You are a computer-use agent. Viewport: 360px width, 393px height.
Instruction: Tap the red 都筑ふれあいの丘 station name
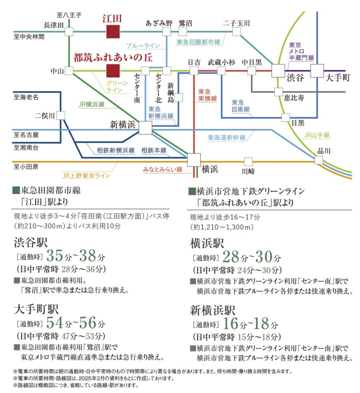point(112,58)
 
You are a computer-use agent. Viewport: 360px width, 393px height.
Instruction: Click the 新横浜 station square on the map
point(145,128)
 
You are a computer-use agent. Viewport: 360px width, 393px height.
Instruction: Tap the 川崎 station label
point(248,171)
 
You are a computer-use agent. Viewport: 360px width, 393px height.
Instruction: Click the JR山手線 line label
point(317,135)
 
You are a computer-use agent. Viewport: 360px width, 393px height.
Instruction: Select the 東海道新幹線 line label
point(226,138)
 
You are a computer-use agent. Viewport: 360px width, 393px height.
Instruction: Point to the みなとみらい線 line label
point(163,169)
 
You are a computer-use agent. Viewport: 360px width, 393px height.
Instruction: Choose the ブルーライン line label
point(143,45)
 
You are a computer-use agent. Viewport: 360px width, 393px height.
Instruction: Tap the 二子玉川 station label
point(236,23)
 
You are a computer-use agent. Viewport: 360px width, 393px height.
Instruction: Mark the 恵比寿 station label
point(294,98)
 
